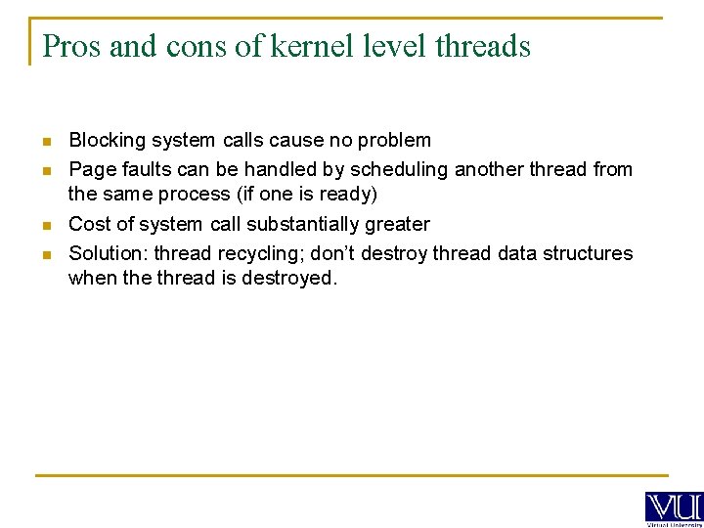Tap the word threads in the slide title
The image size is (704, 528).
point(482,46)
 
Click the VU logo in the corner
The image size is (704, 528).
point(674,507)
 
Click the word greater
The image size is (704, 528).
point(398,224)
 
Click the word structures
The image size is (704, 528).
point(588,253)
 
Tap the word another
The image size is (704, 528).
point(455,169)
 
